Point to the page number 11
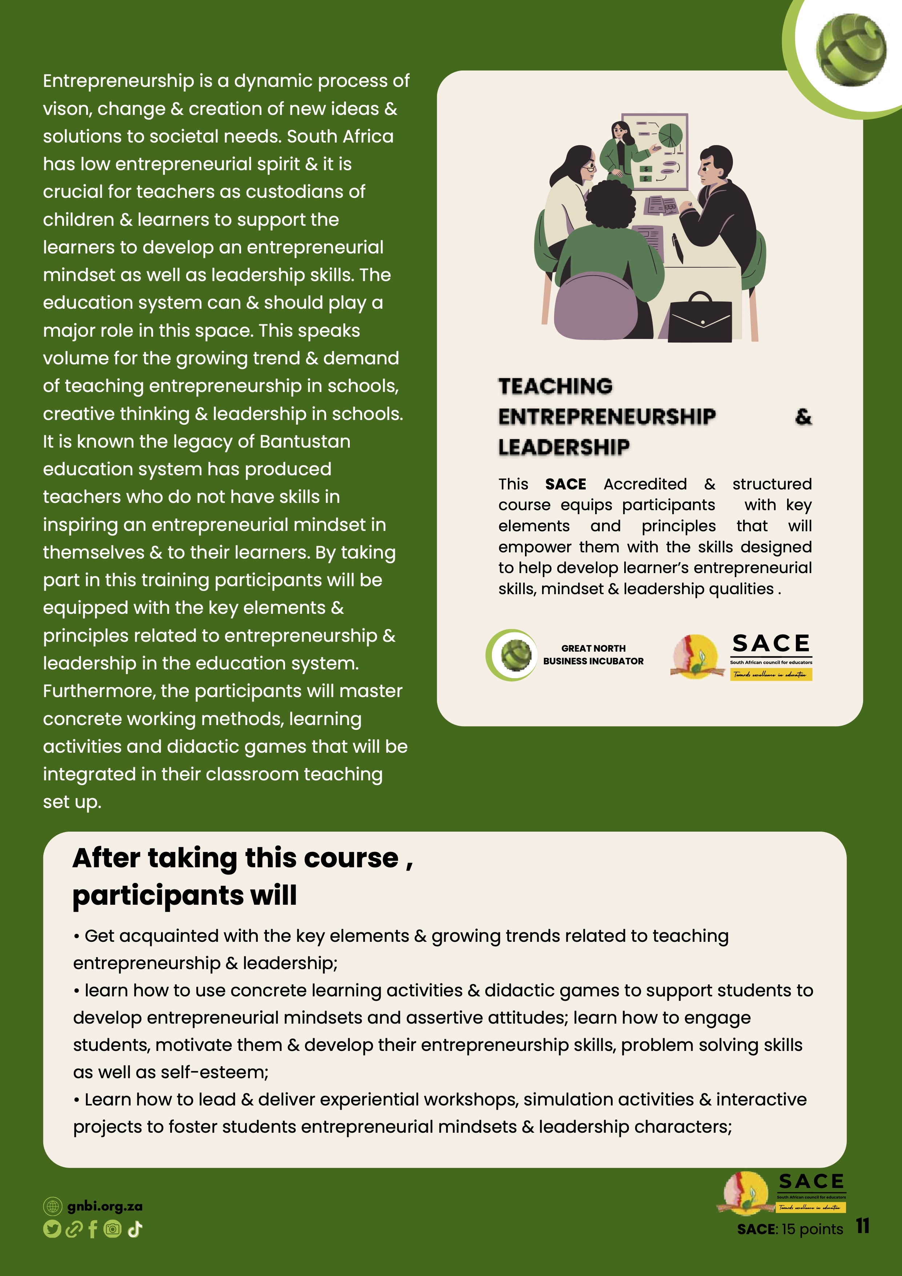(862, 1226)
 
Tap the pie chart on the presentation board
(670, 136)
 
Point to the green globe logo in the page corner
(851, 50)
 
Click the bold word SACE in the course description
(565, 484)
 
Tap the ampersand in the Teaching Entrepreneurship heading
(803, 417)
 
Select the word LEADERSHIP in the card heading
(564, 447)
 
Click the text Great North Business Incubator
(593, 655)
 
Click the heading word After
(105, 858)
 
